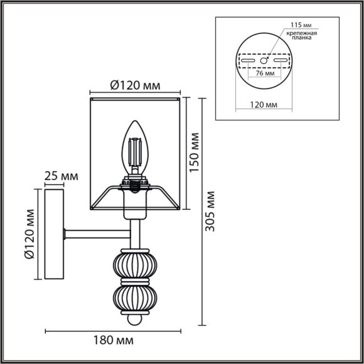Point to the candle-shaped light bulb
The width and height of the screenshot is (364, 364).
click(x=134, y=147)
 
